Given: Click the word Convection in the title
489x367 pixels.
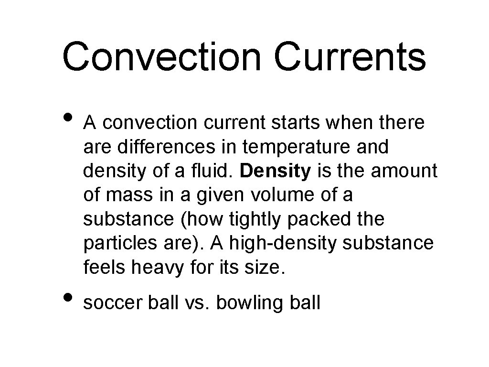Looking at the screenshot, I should [161, 56].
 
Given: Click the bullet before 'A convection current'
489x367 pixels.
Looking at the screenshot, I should [69, 117].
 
